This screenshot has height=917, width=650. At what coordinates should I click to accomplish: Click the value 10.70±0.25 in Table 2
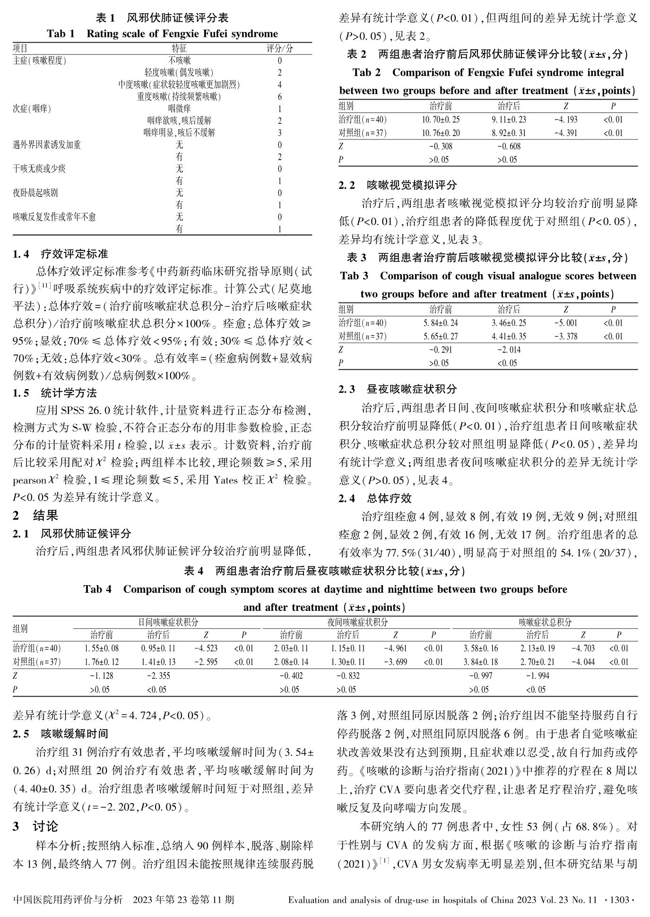pyautogui.click(x=440, y=120)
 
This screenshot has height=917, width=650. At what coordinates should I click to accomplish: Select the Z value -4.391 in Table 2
pyautogui.click(x=565, y=133)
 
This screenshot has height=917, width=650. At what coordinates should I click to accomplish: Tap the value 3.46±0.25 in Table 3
pyautogui.click(x=509, y=323)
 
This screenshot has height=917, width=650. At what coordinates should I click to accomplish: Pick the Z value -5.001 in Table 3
pyautogui.click(x=565, y=323)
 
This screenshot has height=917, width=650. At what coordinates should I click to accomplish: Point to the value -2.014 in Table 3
pyautogui.click(x=509, y=350)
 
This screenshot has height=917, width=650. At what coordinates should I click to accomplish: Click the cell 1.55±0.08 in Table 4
pyautogui.click(x=102, y=649)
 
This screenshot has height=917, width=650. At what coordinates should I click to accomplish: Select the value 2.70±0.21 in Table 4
pyautogui.click(x=537, y=662)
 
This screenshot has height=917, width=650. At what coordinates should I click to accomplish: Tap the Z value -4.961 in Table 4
pyautogui.click(x=395, y=649)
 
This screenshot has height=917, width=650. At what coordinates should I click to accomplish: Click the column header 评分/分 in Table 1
pyautogui.click(x=280, y=49)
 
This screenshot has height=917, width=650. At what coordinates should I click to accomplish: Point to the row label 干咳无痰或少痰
pyautogui.click(x=39, y=169)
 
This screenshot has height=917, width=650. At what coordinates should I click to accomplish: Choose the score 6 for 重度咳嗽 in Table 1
pyautogui.click(x=280, y=97)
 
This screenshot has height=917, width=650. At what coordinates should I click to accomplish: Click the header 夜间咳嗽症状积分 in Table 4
pyautogui.click(x=357, y=623)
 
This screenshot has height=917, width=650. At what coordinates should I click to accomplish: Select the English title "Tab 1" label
pyautogui.click(x=61, y=34)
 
